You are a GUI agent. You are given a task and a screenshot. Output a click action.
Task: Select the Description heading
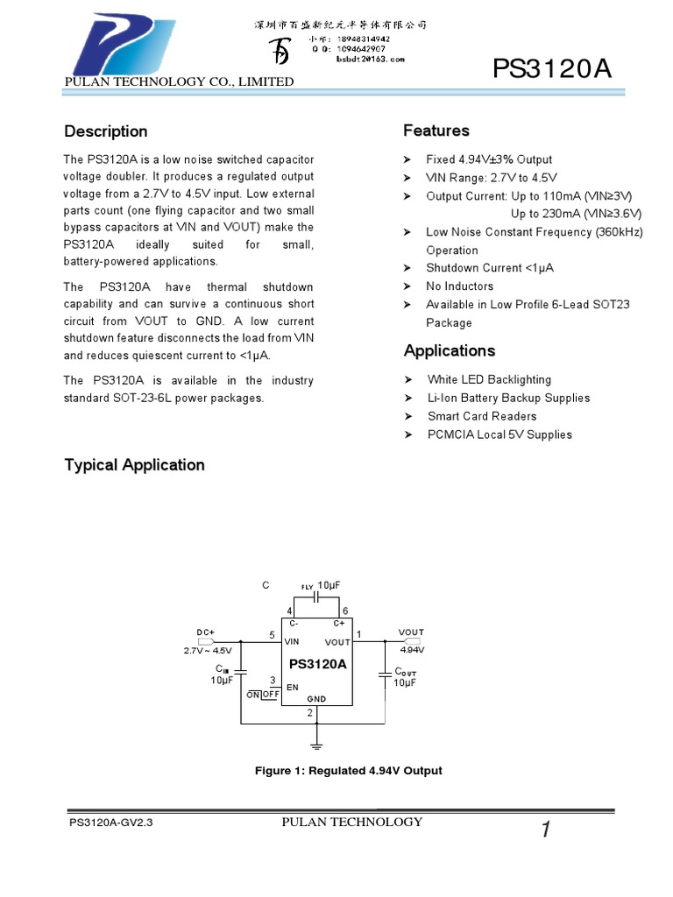pos(106,131)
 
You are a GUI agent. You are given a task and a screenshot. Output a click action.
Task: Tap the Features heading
pos(436,131)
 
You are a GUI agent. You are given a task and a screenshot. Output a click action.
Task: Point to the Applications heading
pos(450,350)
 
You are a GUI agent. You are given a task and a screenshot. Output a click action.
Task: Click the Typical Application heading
pos(135,465)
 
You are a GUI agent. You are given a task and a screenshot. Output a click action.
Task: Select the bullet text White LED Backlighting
pos(489,379)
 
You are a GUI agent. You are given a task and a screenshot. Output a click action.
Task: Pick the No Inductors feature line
pos(459,286)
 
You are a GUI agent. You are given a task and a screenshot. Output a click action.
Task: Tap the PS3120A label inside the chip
pos(317,664)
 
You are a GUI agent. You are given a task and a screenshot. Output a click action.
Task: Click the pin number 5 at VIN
pos(272,634)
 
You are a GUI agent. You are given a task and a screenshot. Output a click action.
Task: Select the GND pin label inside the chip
pos(316,698)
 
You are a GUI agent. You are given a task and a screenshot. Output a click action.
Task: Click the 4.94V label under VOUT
pos(411,650)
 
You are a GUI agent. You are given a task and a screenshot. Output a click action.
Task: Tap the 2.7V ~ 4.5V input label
pos(208,651)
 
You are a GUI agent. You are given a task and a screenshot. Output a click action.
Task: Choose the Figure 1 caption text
pos(348,771)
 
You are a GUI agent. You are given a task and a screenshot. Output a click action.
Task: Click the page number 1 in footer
pos(545,831)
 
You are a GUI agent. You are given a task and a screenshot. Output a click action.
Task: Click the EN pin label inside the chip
pos(293,688)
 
